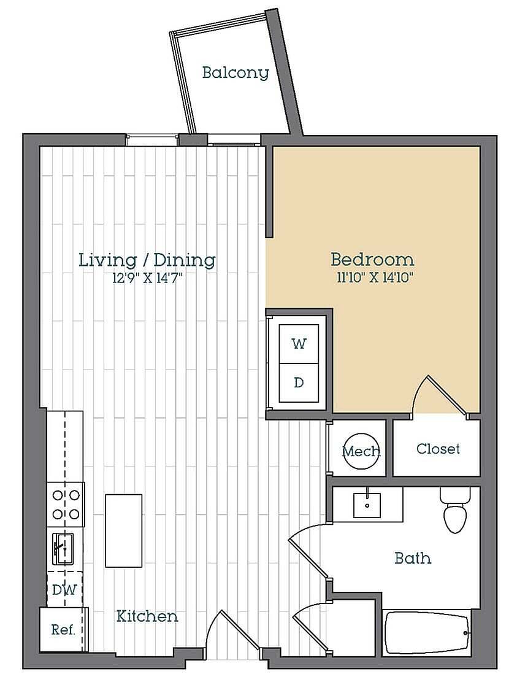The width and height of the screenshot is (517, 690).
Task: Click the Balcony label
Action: (236, 72)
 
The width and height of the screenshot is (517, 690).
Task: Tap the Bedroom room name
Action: (372, 258)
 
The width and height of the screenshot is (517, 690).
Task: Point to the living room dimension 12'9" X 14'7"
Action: (147, 277)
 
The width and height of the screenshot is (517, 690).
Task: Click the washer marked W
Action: (299, 343)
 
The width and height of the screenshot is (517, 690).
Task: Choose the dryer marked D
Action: (299, 382)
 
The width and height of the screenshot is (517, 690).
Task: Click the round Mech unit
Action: (360, 451)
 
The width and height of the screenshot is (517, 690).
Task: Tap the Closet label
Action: (438, 449)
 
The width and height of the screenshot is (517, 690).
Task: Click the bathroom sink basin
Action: (367, 505)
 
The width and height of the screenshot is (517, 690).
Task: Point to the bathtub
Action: (427, 632)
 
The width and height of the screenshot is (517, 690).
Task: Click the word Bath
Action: (412, 558)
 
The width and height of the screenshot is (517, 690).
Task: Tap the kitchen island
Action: (123, 530)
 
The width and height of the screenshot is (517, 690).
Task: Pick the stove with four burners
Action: (66, 504)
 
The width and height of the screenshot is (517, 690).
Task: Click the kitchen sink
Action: (63, 548)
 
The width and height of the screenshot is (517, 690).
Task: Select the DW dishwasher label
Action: (64, 590)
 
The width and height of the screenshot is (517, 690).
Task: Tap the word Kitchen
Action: (147, 616)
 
